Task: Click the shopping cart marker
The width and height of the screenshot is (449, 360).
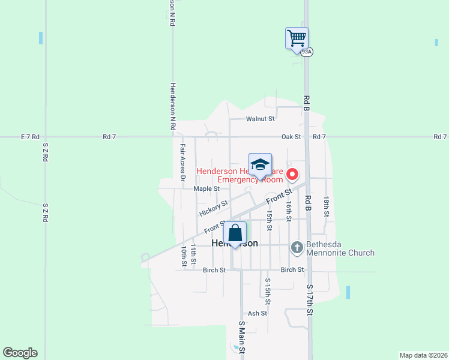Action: (x=297, y=38)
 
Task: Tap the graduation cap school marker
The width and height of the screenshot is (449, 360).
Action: (x=261, y=165)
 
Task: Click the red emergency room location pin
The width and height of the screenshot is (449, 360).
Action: (x=293, y=175)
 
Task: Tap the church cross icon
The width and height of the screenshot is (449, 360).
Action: (x=297, y=247)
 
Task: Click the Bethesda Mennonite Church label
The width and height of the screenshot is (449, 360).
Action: (x=340, y=248)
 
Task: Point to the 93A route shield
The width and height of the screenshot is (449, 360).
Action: (x=307, y=52)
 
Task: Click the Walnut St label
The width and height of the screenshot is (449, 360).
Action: (x=260, y=119)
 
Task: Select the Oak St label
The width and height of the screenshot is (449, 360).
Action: (x=291, y=137)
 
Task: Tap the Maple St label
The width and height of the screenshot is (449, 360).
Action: (x=206, y=188)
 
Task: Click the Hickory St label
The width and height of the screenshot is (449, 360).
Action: (x=214, y=208)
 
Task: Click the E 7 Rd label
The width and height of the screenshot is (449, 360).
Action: (x=29, y=137)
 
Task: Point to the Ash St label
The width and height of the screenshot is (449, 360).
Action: (x=257, y=313)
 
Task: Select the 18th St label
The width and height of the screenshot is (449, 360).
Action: (x=326, y=206)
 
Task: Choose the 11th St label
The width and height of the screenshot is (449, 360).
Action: (x=193, y=254)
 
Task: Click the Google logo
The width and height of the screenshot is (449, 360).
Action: (x=20, y=353)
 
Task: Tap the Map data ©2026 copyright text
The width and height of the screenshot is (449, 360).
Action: (x=424, y=355)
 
